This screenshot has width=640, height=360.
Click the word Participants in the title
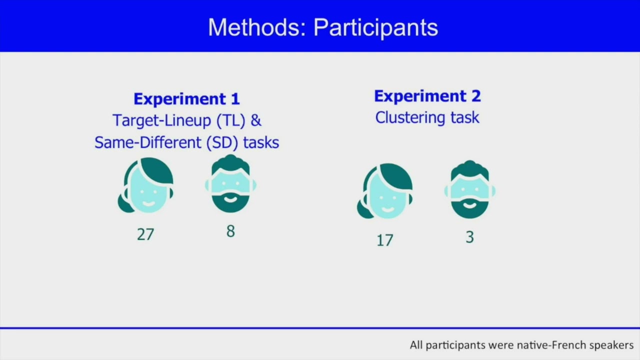coord(375,27)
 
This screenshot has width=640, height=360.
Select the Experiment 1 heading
coord(186,99)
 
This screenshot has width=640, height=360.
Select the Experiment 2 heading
coord(427,96)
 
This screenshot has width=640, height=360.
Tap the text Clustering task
coord(427,117)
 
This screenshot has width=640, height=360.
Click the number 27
coord(145,234)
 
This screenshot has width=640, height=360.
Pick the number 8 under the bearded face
coord(230,231)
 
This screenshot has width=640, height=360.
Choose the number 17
coord(385,240)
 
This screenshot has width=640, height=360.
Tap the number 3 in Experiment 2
coord(469,237)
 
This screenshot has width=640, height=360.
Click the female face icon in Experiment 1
coord(146,185)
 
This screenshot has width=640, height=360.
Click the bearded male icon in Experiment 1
coord(230,183)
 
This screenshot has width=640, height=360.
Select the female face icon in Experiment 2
coord(385,191)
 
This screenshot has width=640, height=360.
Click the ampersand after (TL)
coord(256,120)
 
